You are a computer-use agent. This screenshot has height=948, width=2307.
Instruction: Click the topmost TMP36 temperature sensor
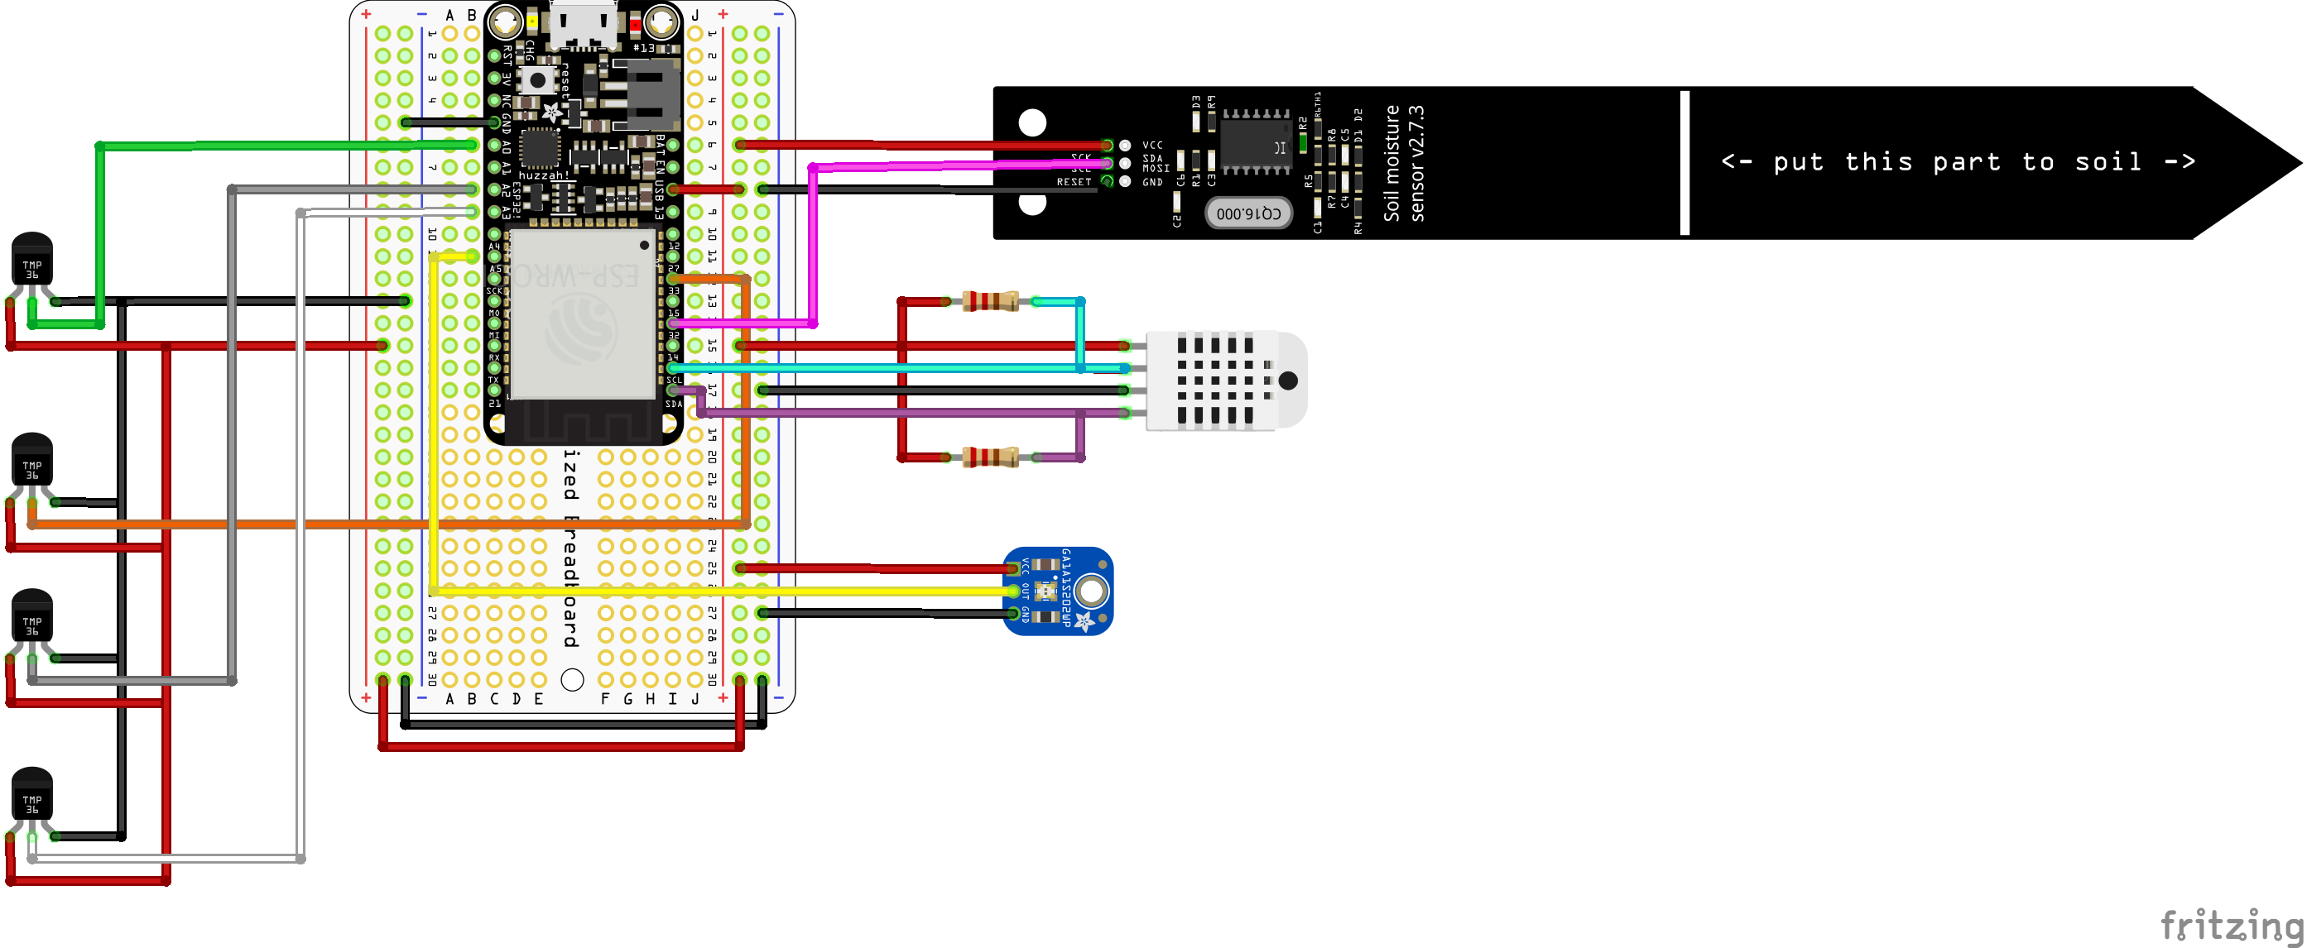tap(32, 260)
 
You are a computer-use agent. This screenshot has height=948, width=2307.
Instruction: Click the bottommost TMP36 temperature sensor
tap(32, 794)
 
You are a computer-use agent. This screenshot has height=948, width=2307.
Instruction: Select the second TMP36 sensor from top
tap(32, 460)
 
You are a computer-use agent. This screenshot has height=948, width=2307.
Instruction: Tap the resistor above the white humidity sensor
tap(990, 302)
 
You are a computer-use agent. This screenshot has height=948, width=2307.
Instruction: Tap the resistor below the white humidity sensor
tap(990, 457)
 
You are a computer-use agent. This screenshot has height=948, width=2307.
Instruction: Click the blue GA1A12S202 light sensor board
tap(1058, 591)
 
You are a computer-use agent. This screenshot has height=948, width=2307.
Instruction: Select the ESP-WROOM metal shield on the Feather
tap(582, 314)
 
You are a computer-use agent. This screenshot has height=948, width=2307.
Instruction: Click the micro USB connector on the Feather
tap(584, 25)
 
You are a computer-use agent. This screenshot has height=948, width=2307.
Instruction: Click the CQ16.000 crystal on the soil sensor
tap(1248, 213)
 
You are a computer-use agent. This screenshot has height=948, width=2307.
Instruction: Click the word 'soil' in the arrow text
tap(2108, 162)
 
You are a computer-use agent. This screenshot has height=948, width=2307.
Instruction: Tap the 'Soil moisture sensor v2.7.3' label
tap(1403, 163)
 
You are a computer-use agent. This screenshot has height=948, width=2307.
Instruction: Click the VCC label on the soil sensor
tap(1152, 145)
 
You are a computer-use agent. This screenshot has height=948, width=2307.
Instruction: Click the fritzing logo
tap(2230, 924)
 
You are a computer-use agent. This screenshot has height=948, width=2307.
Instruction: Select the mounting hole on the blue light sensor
tap(1091, 591)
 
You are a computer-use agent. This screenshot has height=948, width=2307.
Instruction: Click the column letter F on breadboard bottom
tap(605, 699)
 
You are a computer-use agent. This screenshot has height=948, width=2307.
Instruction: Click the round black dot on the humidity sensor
tap(1288, 381)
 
